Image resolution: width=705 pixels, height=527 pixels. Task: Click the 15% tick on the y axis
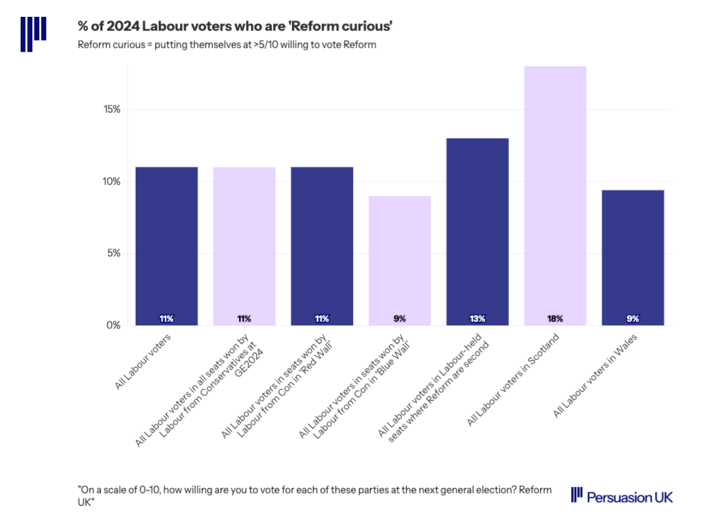coord(112,110)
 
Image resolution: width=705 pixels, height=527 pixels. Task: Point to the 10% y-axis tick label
coord(112,181)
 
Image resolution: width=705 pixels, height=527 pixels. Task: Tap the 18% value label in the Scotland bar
coord(555,319)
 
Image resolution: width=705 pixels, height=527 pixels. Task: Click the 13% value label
coord(477,319)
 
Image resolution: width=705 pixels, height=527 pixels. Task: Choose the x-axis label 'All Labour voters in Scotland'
coord(514,380)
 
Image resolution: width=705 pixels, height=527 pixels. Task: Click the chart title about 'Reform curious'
coord(235,26)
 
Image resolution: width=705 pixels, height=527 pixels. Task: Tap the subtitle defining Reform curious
coord(227,45)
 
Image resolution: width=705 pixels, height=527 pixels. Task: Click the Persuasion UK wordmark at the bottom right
coord(622,496)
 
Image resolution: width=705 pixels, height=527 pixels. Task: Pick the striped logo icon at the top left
coord(34,34)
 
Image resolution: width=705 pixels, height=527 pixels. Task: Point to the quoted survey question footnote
coord(314,496)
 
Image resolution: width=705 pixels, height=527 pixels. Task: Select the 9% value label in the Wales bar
coord(633,319)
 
